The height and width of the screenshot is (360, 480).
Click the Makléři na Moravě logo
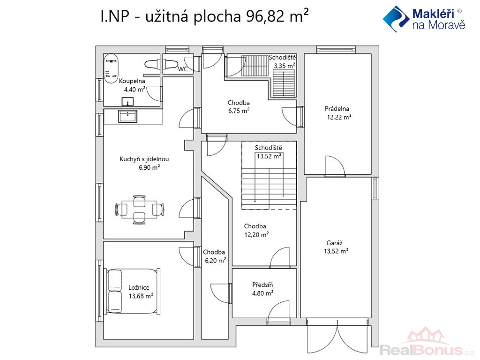tap(424, 19)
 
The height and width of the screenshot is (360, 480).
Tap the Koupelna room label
tap(132, 81)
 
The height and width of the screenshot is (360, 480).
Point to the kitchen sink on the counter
tap(127, 116)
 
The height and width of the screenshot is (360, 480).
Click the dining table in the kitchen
tap(140, 210)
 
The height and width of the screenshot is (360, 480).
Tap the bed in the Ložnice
tap(133, 291)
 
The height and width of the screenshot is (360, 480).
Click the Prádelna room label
tap(337, 109)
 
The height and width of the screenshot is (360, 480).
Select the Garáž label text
tap(334, 243)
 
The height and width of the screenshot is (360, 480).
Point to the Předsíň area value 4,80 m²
tap(262, 293)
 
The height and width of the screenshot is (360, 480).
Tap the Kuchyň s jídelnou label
tap(144, 159)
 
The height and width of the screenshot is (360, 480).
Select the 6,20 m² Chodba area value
tap(216, 261)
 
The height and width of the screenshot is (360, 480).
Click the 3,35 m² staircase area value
tap(285, 66)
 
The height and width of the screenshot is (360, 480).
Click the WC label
tap(183, 69)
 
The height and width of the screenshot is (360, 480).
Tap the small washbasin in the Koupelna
tap(127, 102)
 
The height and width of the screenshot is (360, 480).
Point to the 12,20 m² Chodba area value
tap(256, 235)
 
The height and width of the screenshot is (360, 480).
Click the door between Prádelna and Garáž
tap(335, 166)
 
